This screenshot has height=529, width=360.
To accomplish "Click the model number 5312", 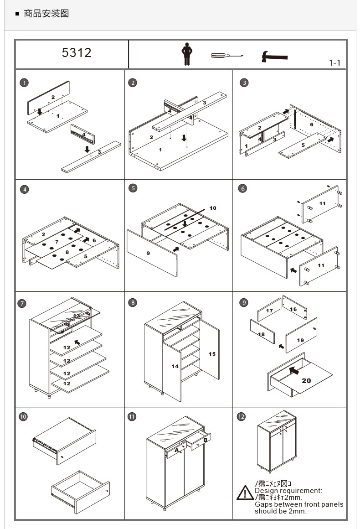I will (77, 53).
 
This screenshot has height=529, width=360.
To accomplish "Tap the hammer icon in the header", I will (274, 57).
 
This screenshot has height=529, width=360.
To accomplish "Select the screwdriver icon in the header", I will (226, 56).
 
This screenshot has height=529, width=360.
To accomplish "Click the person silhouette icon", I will (186, 54).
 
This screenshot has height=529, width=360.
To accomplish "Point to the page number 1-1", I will (334, 63).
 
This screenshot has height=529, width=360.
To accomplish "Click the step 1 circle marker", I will (24, 83).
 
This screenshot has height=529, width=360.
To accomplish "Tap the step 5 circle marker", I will (133, 188).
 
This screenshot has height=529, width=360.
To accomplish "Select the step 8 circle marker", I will (133, 302).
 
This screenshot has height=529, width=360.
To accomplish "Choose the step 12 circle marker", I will (241, 416).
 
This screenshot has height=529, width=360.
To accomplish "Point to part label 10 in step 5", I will (213, 208).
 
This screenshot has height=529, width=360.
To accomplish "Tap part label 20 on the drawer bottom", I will (306, 380).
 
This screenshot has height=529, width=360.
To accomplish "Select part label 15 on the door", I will (212, 354).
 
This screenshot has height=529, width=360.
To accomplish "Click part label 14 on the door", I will (175, 366).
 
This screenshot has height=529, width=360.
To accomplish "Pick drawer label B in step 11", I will (206, 440).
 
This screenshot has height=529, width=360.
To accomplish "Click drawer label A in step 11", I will (177, 450).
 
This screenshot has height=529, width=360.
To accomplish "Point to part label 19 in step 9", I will (300, 340).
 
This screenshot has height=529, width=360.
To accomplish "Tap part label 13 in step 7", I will (77, 315).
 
